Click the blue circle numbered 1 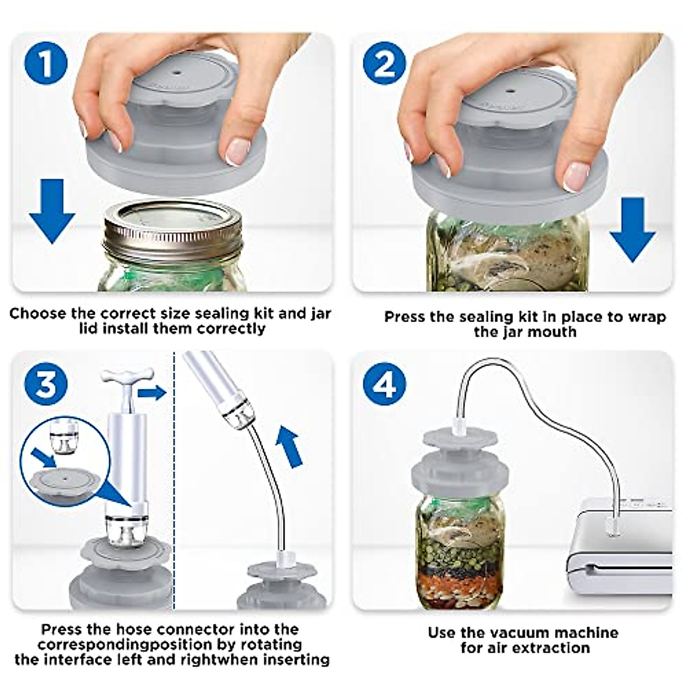pos(46,64)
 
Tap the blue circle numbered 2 pos(385,64)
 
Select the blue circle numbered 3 pos(46,383)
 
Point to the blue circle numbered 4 pos(385,383)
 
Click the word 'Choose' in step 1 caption pos(38,314)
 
